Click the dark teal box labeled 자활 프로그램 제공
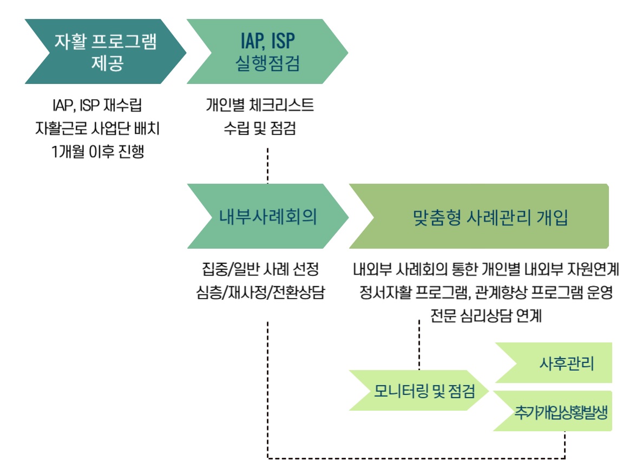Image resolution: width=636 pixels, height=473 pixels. point(103,52)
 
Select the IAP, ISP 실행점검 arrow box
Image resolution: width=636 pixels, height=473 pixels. point(268,52)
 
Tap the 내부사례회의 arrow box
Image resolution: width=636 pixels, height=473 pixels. point(268,216)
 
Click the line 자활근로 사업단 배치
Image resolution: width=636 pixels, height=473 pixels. point(96,129)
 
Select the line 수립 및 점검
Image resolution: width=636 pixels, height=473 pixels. point(259,129)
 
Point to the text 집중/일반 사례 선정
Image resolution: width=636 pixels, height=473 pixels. point(260,269)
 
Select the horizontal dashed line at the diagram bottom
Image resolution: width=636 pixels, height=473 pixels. point(417,458)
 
